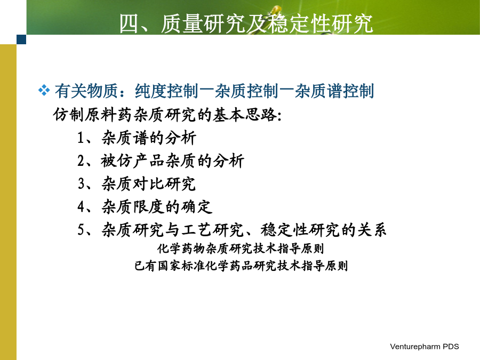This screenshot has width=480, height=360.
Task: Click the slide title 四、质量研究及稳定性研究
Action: pyautogui.click(x=246, y=23)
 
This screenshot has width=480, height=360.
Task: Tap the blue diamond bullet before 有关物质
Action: pyautogui.click(x=44, y=91)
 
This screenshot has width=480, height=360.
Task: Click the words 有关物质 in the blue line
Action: pyautogui.click(x=86, y=91)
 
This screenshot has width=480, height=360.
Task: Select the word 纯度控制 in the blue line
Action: pyautogui.click(x=166, y=91)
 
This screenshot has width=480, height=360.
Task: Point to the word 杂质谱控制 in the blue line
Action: pyautogui.click(x=334, y=91)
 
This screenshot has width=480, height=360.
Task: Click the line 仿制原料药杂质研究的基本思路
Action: pyautogui.click(x=167, y=115)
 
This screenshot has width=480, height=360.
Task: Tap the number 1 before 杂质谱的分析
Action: pyautogui.click(x=81, y=138)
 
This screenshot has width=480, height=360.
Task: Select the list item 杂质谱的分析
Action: pyautogui.click(x=149, y=138)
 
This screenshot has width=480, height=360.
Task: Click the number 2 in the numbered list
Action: pyautogui.click(x=81, y=161)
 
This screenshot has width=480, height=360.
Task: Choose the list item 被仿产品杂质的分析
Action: pyautogui.click(x=172, y=161)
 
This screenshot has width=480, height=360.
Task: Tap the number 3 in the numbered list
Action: pyautogui.click(x=81, y=183)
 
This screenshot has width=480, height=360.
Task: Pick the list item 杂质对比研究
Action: pyautogui.click(x=148, y=183)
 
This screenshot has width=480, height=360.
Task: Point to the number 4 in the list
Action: pyautogui.click(x=81, y=206)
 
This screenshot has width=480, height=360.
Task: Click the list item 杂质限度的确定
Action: pyautogui.click(x=157, y=206)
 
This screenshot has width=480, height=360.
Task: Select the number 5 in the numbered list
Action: pyautogui.click(x=81, y=229)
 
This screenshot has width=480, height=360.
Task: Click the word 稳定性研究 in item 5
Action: pyautogui.click(x=300, y=229)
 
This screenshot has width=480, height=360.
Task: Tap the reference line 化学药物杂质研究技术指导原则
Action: pyautogui.click(x=241, y=248)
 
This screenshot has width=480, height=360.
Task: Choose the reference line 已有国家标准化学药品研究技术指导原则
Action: pyautogui.click(x=241, y=266)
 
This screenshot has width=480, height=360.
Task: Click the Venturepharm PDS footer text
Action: pyautogui.click(x=425, y=347)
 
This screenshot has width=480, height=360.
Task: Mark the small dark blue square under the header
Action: pyautogui.click(x=21, y=39)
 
